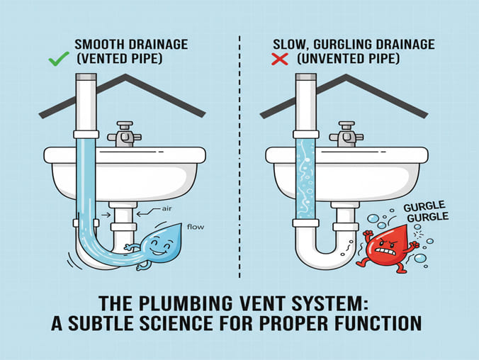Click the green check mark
tap(59, 59)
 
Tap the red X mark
tap(280, 59)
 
